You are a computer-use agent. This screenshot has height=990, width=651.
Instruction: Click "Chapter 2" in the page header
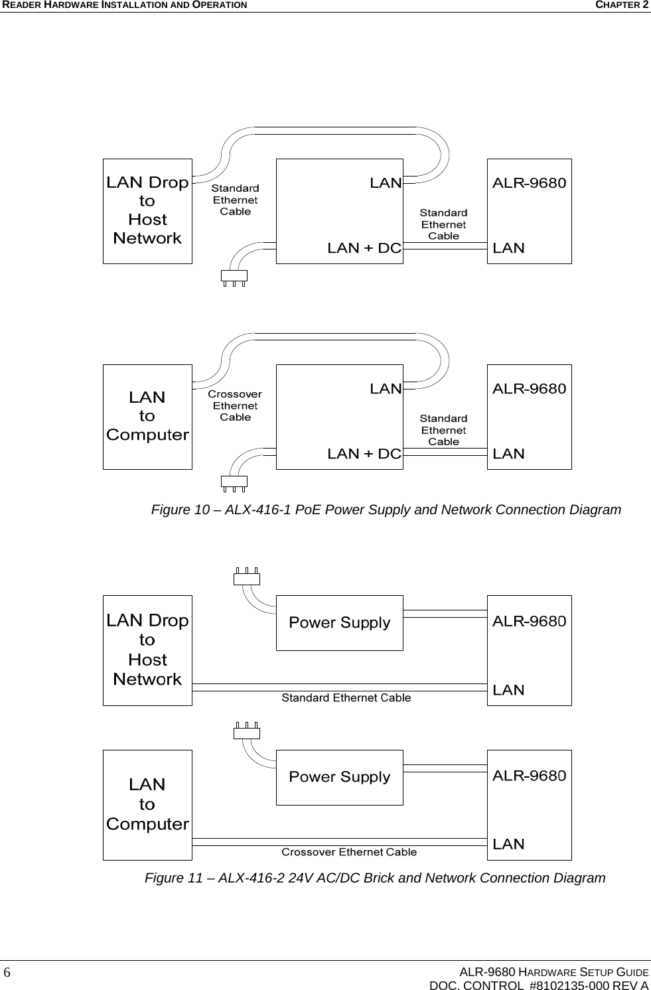(x=622, y=5)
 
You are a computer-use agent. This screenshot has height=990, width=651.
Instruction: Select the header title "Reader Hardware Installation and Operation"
(x=123, y=5)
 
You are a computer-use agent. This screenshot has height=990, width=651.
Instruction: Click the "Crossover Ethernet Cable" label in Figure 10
(x=235, y=405)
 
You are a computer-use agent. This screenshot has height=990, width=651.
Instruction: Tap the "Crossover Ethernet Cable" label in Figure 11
(x=349, y=852)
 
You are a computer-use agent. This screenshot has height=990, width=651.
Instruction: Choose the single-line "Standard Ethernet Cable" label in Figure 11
(x=346, y=698)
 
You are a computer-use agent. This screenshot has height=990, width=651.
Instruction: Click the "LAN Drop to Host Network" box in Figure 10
(x=147, y=210)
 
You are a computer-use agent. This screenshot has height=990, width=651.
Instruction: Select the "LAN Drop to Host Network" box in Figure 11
(x=147, y=650)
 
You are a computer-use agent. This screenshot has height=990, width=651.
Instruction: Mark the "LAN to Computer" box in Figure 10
(x=147, y=416)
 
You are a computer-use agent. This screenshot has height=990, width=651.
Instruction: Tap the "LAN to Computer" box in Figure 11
(x=147, y=804)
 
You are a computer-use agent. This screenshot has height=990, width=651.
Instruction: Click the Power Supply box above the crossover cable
(x=339, y=777)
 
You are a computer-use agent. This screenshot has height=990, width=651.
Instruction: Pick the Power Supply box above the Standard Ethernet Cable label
(x=339, y=622)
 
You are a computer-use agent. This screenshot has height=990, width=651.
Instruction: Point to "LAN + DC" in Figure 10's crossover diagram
(x=364, y=454)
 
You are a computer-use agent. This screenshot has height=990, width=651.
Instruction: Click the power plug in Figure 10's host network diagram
(x=234, y=277)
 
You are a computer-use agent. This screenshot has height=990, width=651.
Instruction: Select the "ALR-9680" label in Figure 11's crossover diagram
(x=529, y=776)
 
